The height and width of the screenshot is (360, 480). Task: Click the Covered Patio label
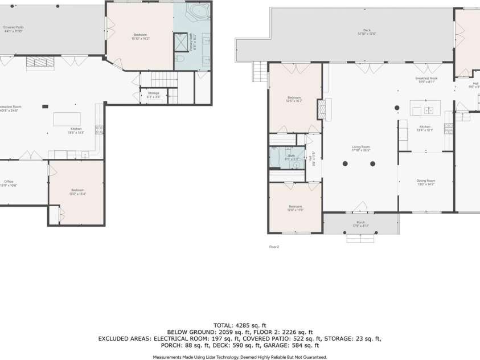(13, 29)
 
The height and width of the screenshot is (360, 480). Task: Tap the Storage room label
(153, 94)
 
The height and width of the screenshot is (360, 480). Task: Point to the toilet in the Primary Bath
(179, 59)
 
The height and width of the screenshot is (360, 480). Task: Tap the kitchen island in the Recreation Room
(67, 119)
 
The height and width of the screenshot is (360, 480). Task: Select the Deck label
(367, 32)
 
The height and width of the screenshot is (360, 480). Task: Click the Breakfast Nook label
(426, 80)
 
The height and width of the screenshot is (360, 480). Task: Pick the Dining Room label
(425, 182)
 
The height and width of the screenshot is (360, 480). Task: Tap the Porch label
(360, 224)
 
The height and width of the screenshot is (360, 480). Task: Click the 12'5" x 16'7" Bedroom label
(294, 99)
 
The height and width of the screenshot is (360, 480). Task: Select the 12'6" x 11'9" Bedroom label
(295, 208)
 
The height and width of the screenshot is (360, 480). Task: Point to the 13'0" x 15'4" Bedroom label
(77, 191)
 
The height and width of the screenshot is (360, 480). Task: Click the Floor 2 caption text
(274, 247)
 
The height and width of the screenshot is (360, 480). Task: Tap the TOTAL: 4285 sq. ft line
(240, 324)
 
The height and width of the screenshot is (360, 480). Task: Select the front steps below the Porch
(360, 238)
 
